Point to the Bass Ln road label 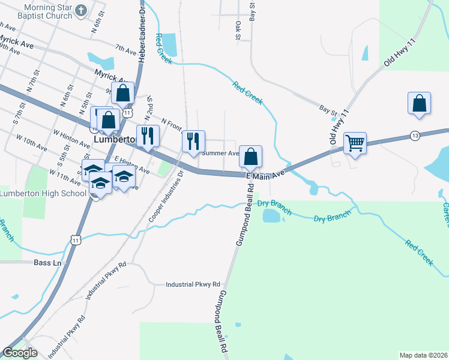[x=48, y=263]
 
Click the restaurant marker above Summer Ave [x=193, y=142]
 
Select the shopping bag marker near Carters [x=419, y=103]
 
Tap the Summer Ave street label [x=220, y=153]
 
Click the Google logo [x=20, y=353]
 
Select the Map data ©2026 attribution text [x=423, y=355]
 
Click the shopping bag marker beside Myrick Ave [x=122, y=94]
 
